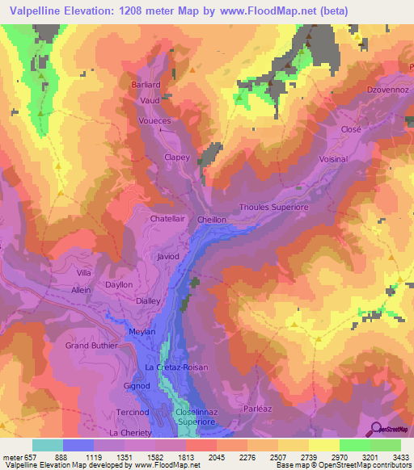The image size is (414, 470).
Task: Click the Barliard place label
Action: coord(148,83)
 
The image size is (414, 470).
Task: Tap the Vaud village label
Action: coord(151,100)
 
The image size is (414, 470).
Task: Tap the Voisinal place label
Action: coord(333,159)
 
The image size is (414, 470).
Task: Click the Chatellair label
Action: coord(168,218)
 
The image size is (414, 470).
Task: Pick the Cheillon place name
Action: coord(212,219)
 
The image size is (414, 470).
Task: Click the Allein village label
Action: coord(82,289)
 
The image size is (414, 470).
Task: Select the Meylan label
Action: coord(142,332)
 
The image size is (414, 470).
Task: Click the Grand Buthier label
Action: coord(91,346)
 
